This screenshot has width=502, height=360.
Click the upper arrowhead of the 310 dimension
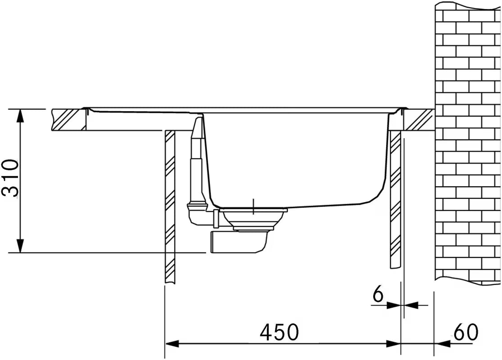20,116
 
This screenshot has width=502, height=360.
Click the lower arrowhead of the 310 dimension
20,246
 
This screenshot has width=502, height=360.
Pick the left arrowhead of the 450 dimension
172,344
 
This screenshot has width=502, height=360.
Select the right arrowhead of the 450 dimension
393,344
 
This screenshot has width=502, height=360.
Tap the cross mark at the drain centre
253,207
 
